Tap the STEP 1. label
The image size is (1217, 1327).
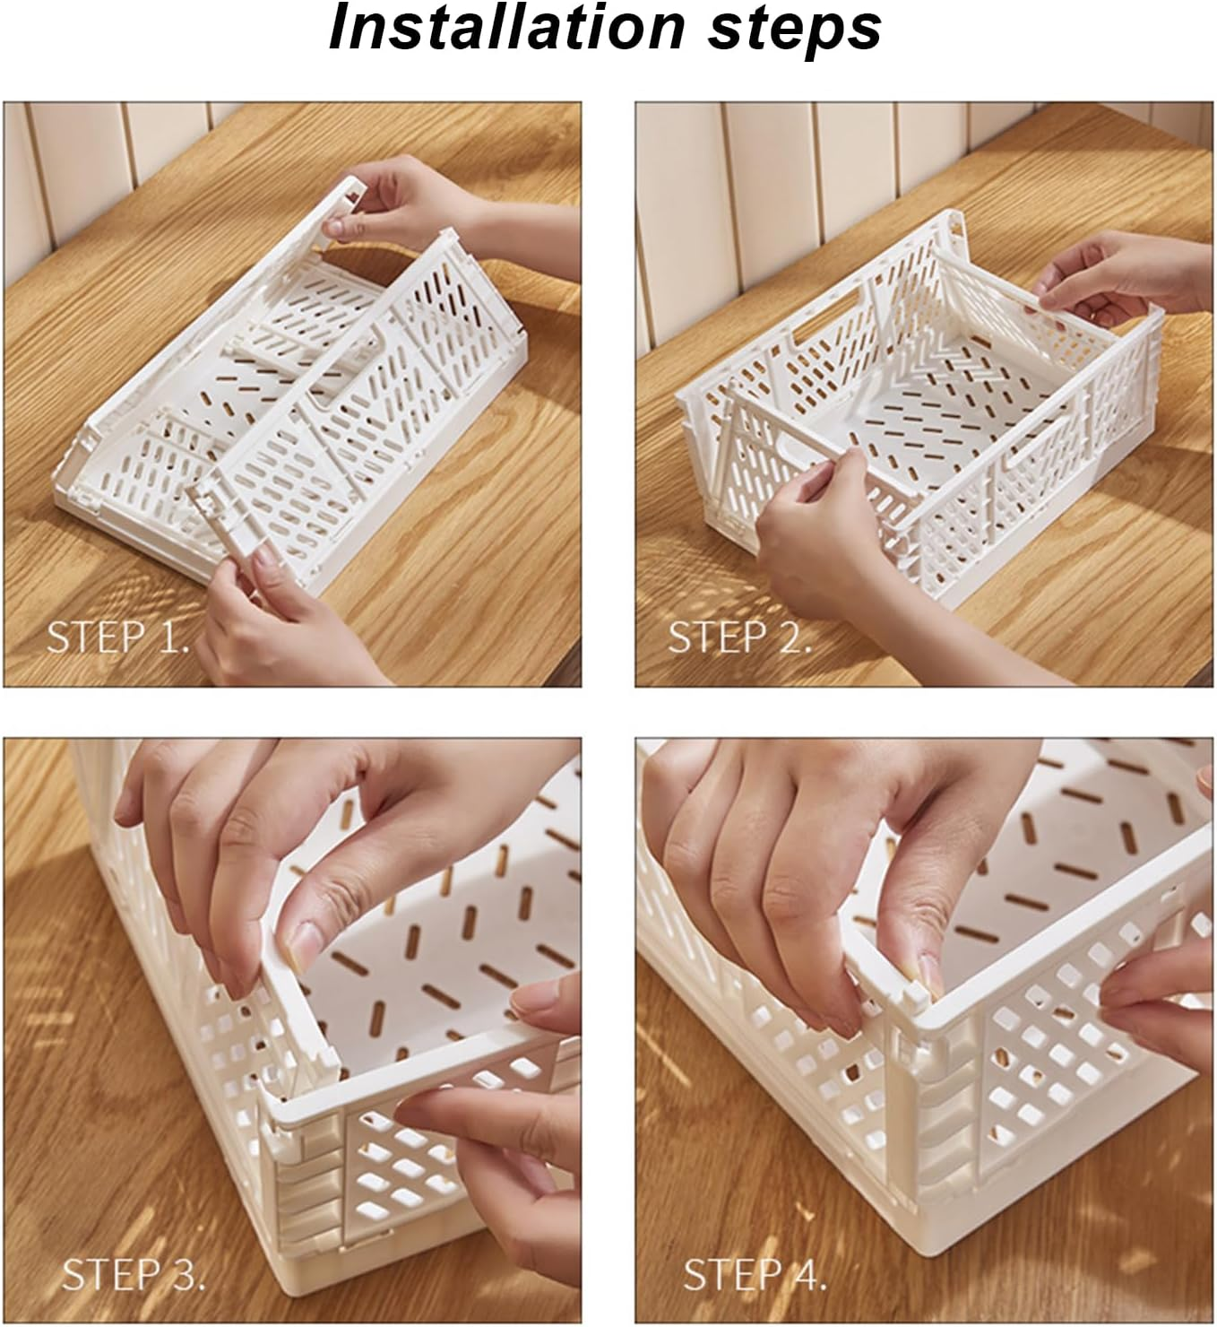(x=117, y=637)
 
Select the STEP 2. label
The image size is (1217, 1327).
(x=739, y=637)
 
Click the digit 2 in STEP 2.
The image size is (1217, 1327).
(x=792, y=637)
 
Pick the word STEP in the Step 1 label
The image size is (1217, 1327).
(x=94, y=637)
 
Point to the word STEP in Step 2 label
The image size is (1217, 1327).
(x=716, y=637)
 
